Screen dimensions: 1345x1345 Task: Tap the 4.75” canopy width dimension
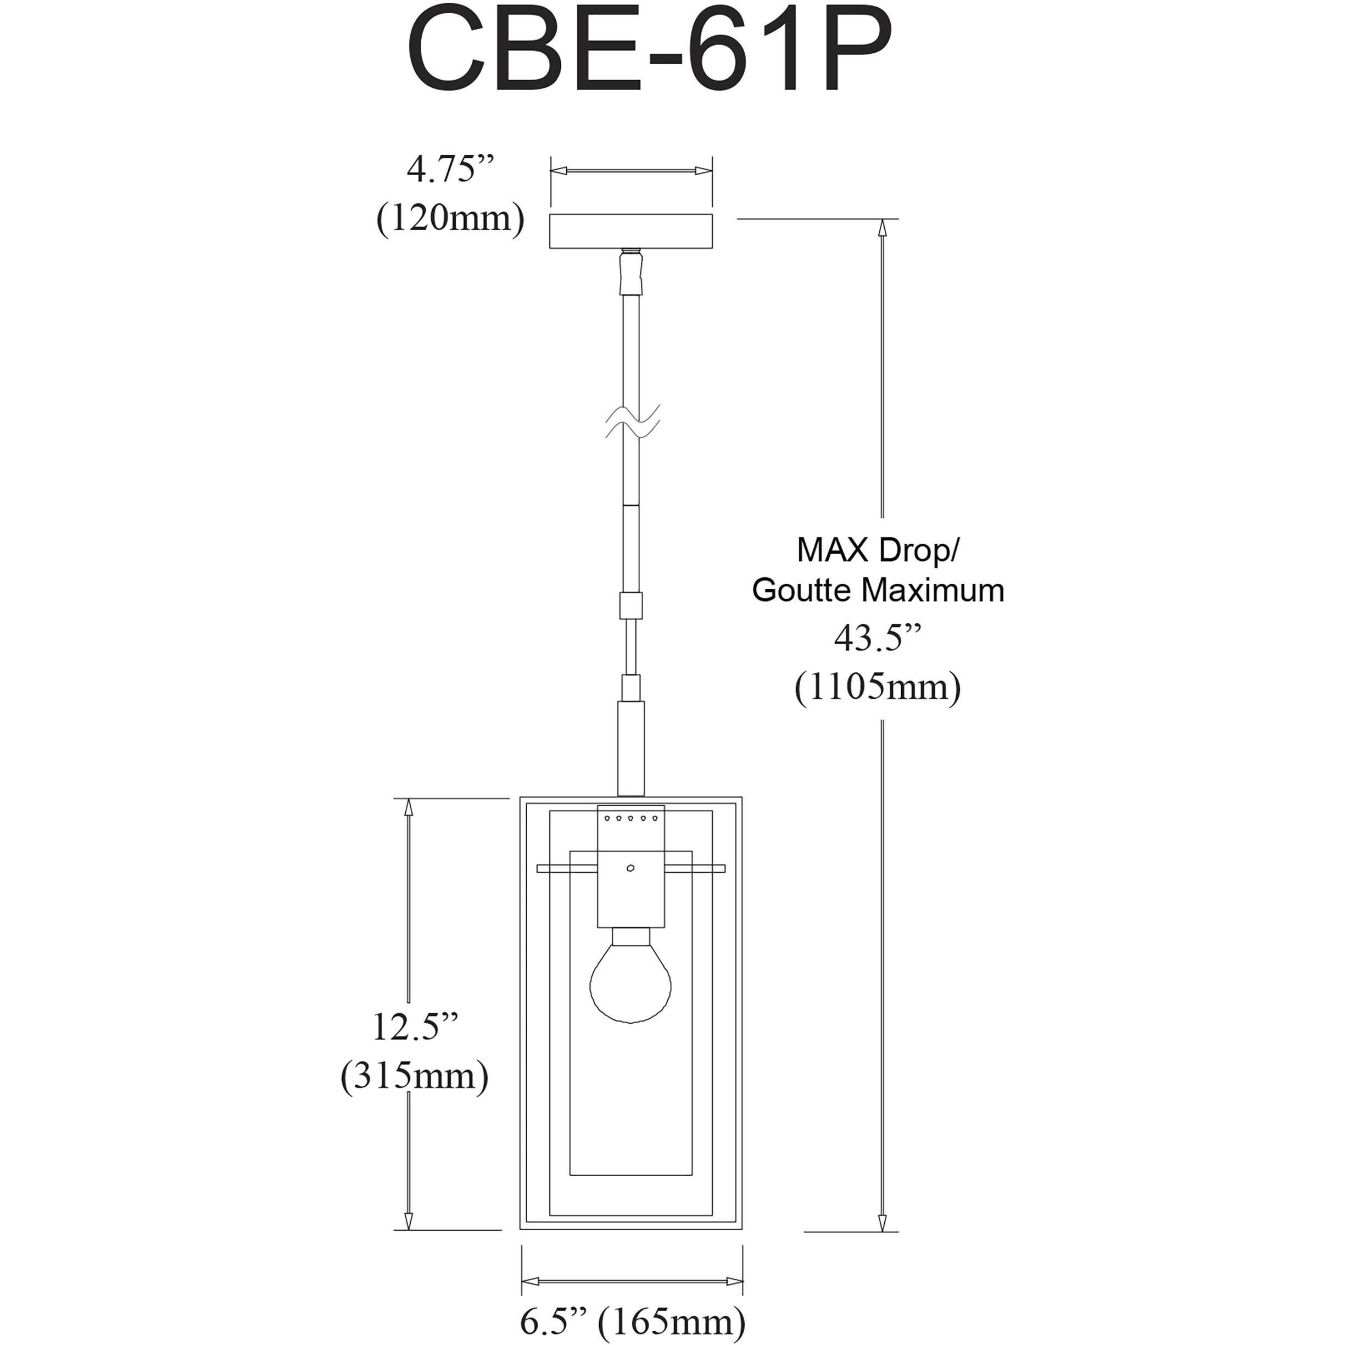tap(450, 169)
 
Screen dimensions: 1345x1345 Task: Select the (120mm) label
tap(450, 219)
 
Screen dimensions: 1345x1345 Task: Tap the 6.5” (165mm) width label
tap(633, 1321)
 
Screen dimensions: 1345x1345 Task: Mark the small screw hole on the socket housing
tap(630, 868)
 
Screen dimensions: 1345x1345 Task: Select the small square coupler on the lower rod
tap(630, 606)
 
